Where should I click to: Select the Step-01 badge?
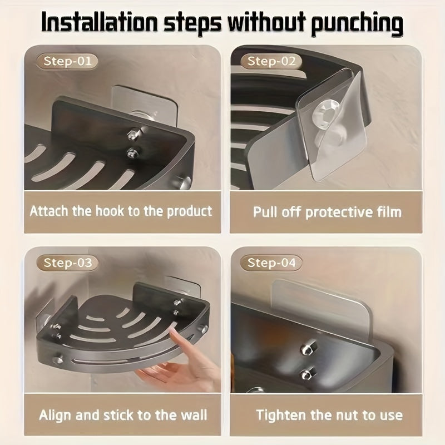(x=67, y=61)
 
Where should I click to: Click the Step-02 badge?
(x=271, y=61)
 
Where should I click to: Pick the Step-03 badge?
(x=67, y=262)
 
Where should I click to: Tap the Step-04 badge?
(x=271, y=262)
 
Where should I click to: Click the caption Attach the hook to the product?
(x=121, y=211)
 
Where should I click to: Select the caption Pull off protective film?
(x=327, y=212)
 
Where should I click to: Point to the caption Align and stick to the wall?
(x=122, y=415)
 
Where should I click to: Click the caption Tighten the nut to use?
(x=329, y=415)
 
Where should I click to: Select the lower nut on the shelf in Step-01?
(x=132, y=152)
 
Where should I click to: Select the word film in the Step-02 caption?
(x=386, y=212)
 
